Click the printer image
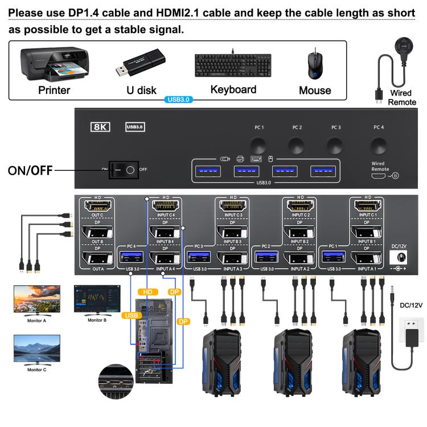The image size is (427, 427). click(54, 64)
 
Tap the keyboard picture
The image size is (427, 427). click(233, 64)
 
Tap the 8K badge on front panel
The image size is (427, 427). click(100, 127)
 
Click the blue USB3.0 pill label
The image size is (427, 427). click(179, 99)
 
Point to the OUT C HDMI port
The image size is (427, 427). click(97, 207)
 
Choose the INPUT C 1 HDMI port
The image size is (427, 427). click(368, 207)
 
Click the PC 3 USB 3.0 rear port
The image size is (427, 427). click(199, 257)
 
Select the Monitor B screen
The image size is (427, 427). click(97, 298)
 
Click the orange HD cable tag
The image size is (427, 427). click(149, 292)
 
